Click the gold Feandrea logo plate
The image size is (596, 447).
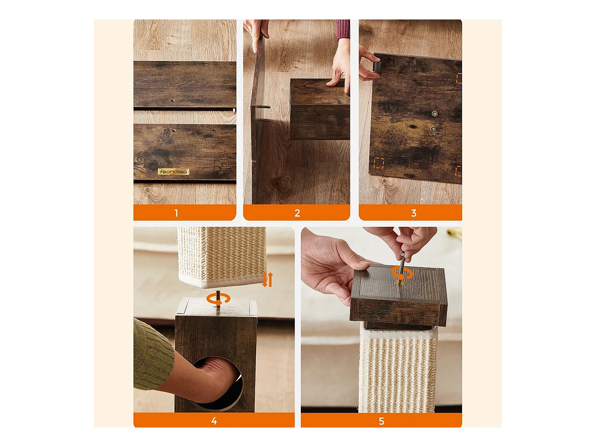[x=174, y=172]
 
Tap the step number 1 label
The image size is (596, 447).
[x=176, y=213]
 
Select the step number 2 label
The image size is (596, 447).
[x=297, y=213]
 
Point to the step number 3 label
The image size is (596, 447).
[x=414, y=213]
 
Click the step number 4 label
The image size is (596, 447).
[x=214, y=421]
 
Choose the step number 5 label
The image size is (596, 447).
[x=381, y=421]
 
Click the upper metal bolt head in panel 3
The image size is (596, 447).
[x=434, y=114]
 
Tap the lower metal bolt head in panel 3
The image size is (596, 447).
[x=433, y=128]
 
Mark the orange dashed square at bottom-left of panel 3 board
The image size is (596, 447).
[x=379, y=163]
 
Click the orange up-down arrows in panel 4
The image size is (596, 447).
[x=267, y=280]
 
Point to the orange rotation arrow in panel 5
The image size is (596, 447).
[x=401, y=273]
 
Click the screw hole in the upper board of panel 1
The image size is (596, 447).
[x=172, y=101]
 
